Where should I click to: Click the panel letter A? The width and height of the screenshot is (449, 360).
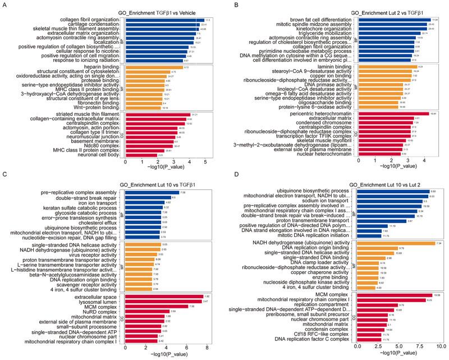click(5, 6)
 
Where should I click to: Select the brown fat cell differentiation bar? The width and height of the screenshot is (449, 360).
click(387, 20)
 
